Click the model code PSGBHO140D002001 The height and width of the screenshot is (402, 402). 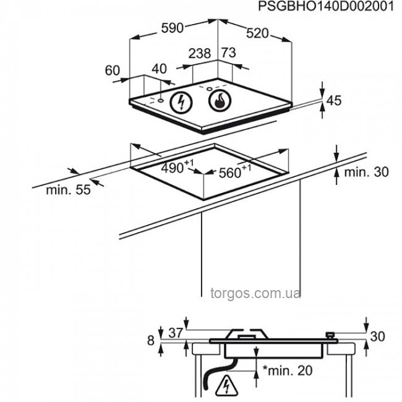(326, 6)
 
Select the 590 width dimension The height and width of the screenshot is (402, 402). (173, 28)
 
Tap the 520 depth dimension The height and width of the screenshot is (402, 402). (257, 33)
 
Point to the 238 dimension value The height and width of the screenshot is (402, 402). (200, 53)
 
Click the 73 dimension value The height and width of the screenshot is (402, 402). (228, 53)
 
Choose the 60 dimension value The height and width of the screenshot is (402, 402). (113, 71)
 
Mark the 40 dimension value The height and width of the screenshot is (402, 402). (159, 69)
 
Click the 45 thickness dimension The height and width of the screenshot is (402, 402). (334, 100)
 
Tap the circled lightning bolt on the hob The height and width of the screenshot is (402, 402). (181, 103)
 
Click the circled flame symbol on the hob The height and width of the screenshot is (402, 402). (220, 100)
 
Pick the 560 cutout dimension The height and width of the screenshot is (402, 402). (235, 171)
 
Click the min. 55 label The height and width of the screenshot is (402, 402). (69, 190)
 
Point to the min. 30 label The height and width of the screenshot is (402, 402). (366, 172)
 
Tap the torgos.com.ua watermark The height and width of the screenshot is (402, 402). (255, 293)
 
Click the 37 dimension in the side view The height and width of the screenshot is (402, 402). (176, 333)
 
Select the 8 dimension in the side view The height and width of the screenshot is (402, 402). (151, 341)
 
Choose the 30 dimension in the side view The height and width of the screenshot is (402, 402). (378, 336)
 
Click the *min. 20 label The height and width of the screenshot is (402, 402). (288, 370)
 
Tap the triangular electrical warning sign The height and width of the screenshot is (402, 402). (226, 385)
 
